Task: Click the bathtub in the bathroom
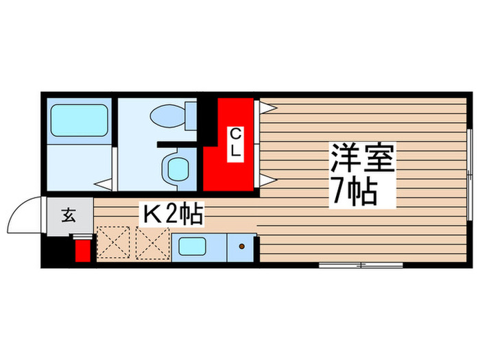click(x=79, y=119)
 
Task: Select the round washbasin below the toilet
click(x=178, y=167)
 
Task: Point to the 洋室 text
click(x=361, y=162)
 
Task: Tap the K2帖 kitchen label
click(x=171, y=215)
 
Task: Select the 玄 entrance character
click(x=69, y=216)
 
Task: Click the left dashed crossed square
click(x=113, y=244)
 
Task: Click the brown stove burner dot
click(x=241, y=246)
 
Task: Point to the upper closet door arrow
click(x=267, y=107)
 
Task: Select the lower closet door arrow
click(x=267, y=180)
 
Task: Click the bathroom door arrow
click(x=104, y=183)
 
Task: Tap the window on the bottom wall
click(x=361, y=264)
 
